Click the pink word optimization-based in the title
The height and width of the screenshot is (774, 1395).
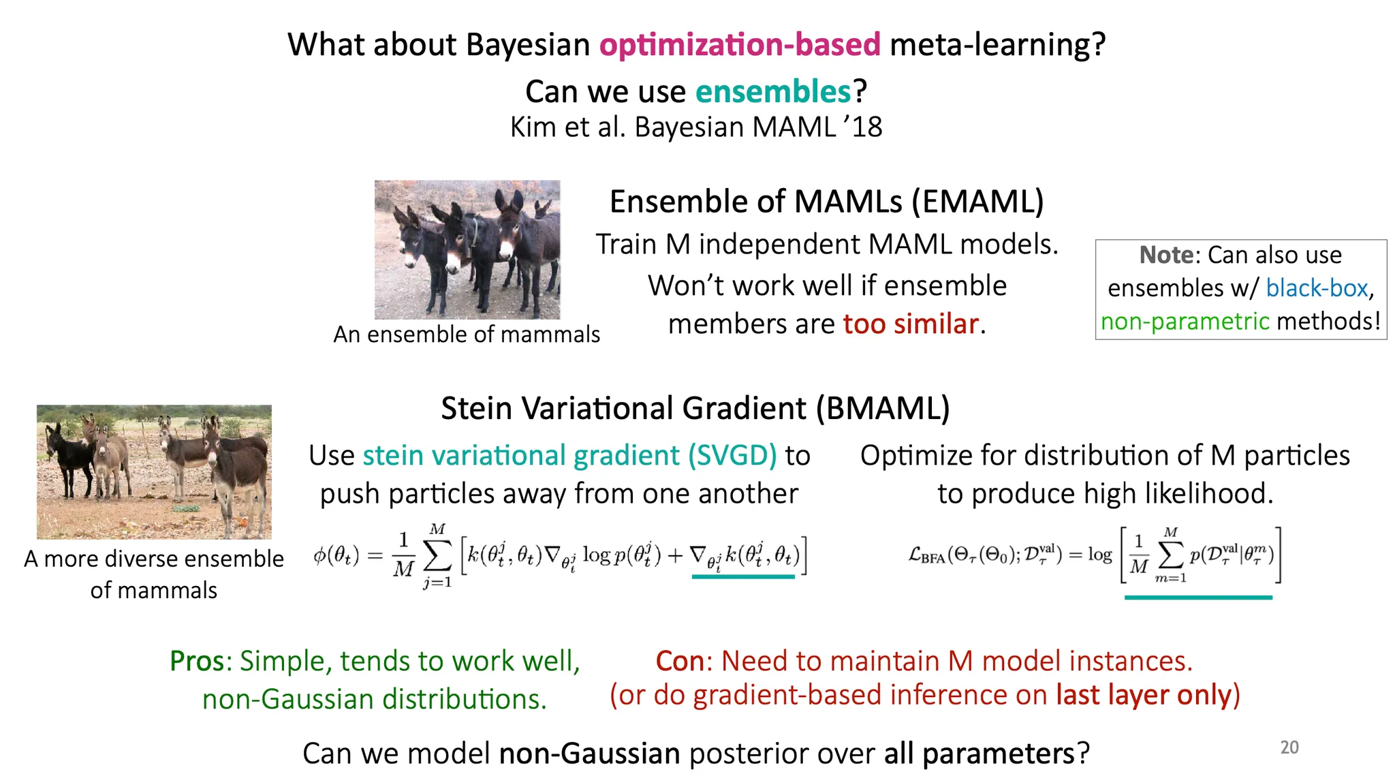(740, 45)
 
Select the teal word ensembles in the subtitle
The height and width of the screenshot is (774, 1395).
(773, 91)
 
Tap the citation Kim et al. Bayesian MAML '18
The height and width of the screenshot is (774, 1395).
(696, 127)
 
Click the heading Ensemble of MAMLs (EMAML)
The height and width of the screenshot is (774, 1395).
(826, 202)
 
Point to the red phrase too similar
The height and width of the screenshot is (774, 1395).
(911, 324)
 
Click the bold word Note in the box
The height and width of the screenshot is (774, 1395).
(1166, 255)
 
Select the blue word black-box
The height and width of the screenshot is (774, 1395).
(1317, 288)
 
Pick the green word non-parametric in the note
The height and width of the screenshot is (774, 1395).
(1185, 321)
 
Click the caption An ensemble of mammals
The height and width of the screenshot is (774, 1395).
(467, 335)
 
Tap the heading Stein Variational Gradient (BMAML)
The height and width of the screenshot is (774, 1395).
(695, 409)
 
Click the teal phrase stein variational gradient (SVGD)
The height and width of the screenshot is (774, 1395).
(569, 455)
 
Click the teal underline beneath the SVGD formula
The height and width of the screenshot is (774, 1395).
(743, 576)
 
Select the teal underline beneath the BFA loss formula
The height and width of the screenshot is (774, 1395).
(1198, 598)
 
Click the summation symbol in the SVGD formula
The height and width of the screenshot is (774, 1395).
(437, 557)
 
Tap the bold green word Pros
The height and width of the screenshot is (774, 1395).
(197, 661)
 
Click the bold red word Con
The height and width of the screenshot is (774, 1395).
(680, 661)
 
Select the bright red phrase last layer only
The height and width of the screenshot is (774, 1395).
(1144, 695)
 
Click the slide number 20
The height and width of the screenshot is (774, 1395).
(1289, 747)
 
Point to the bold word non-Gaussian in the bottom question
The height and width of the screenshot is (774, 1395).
(590, 754)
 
